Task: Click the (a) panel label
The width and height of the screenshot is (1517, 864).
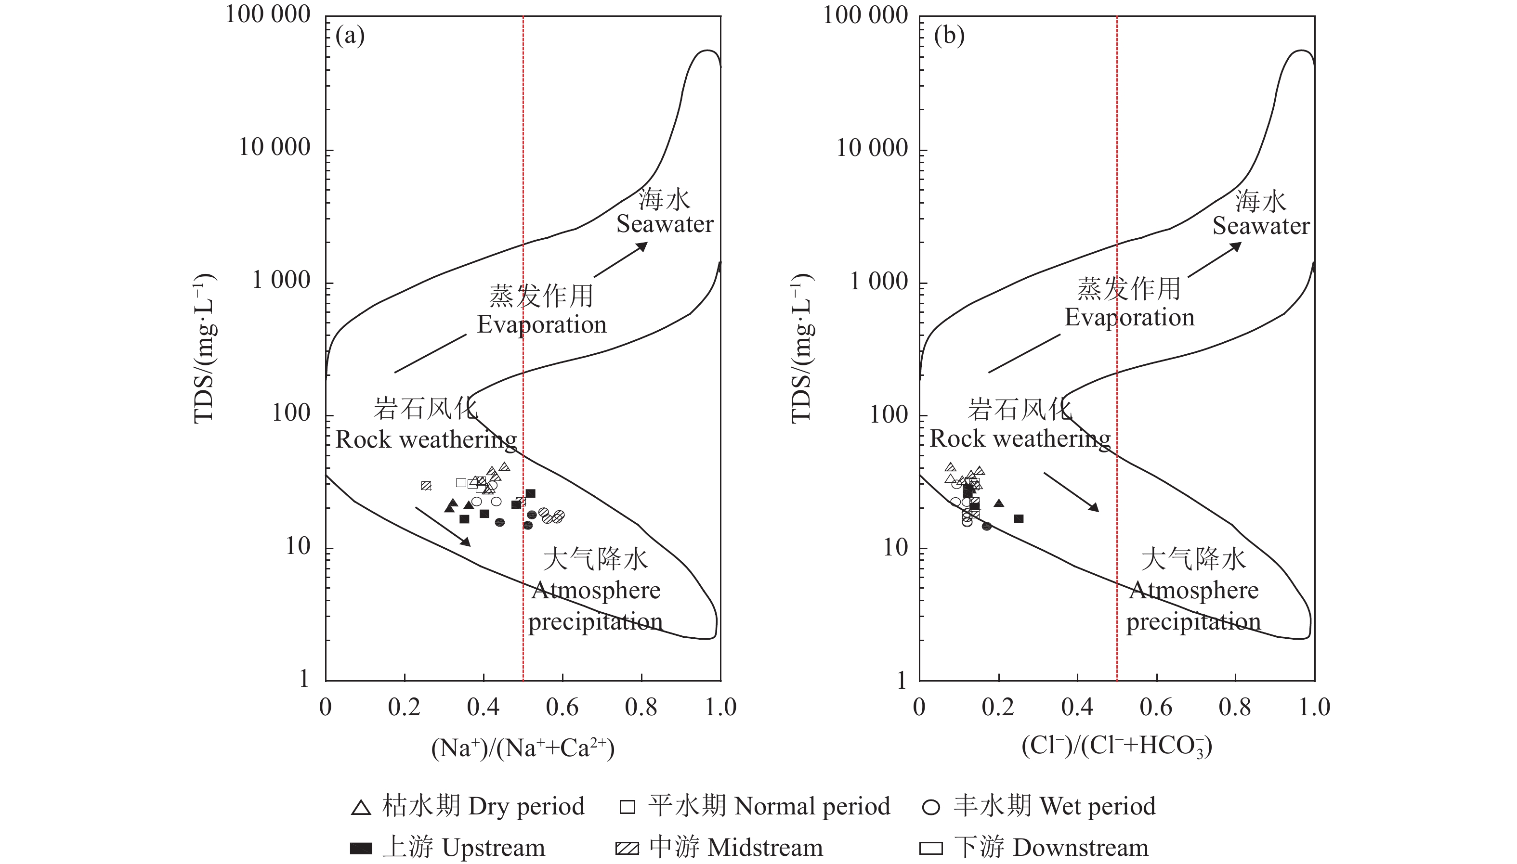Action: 350,36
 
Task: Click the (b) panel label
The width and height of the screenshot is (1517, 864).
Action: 949,36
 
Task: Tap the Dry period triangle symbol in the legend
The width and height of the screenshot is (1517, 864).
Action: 361,808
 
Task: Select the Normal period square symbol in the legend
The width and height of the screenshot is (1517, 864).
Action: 627,807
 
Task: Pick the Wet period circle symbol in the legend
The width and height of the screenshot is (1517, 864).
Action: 931,808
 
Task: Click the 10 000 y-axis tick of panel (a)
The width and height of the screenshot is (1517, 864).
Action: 275,147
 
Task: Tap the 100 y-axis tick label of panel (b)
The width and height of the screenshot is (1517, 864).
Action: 889,414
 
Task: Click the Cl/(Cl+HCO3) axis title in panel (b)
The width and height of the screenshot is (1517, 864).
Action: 1117,747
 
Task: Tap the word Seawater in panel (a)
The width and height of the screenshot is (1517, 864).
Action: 665,224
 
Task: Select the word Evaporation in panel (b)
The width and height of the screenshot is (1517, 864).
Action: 1129,318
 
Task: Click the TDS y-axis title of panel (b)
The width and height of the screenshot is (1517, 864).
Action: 801,349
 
